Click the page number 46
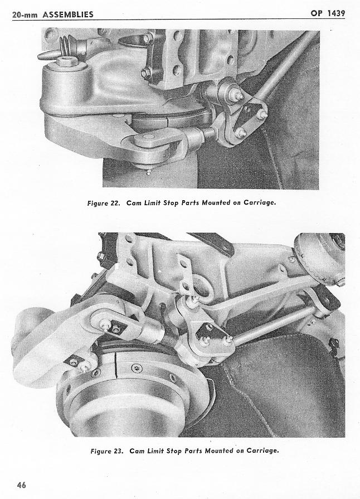[x=22, y=485]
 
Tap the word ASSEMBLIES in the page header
[x=68, y=14]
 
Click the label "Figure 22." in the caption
[x=104, y=203]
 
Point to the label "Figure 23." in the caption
[x=107, y=451]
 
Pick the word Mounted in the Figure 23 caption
[x=218, y=450]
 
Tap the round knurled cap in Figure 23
[x=320, y=256]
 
